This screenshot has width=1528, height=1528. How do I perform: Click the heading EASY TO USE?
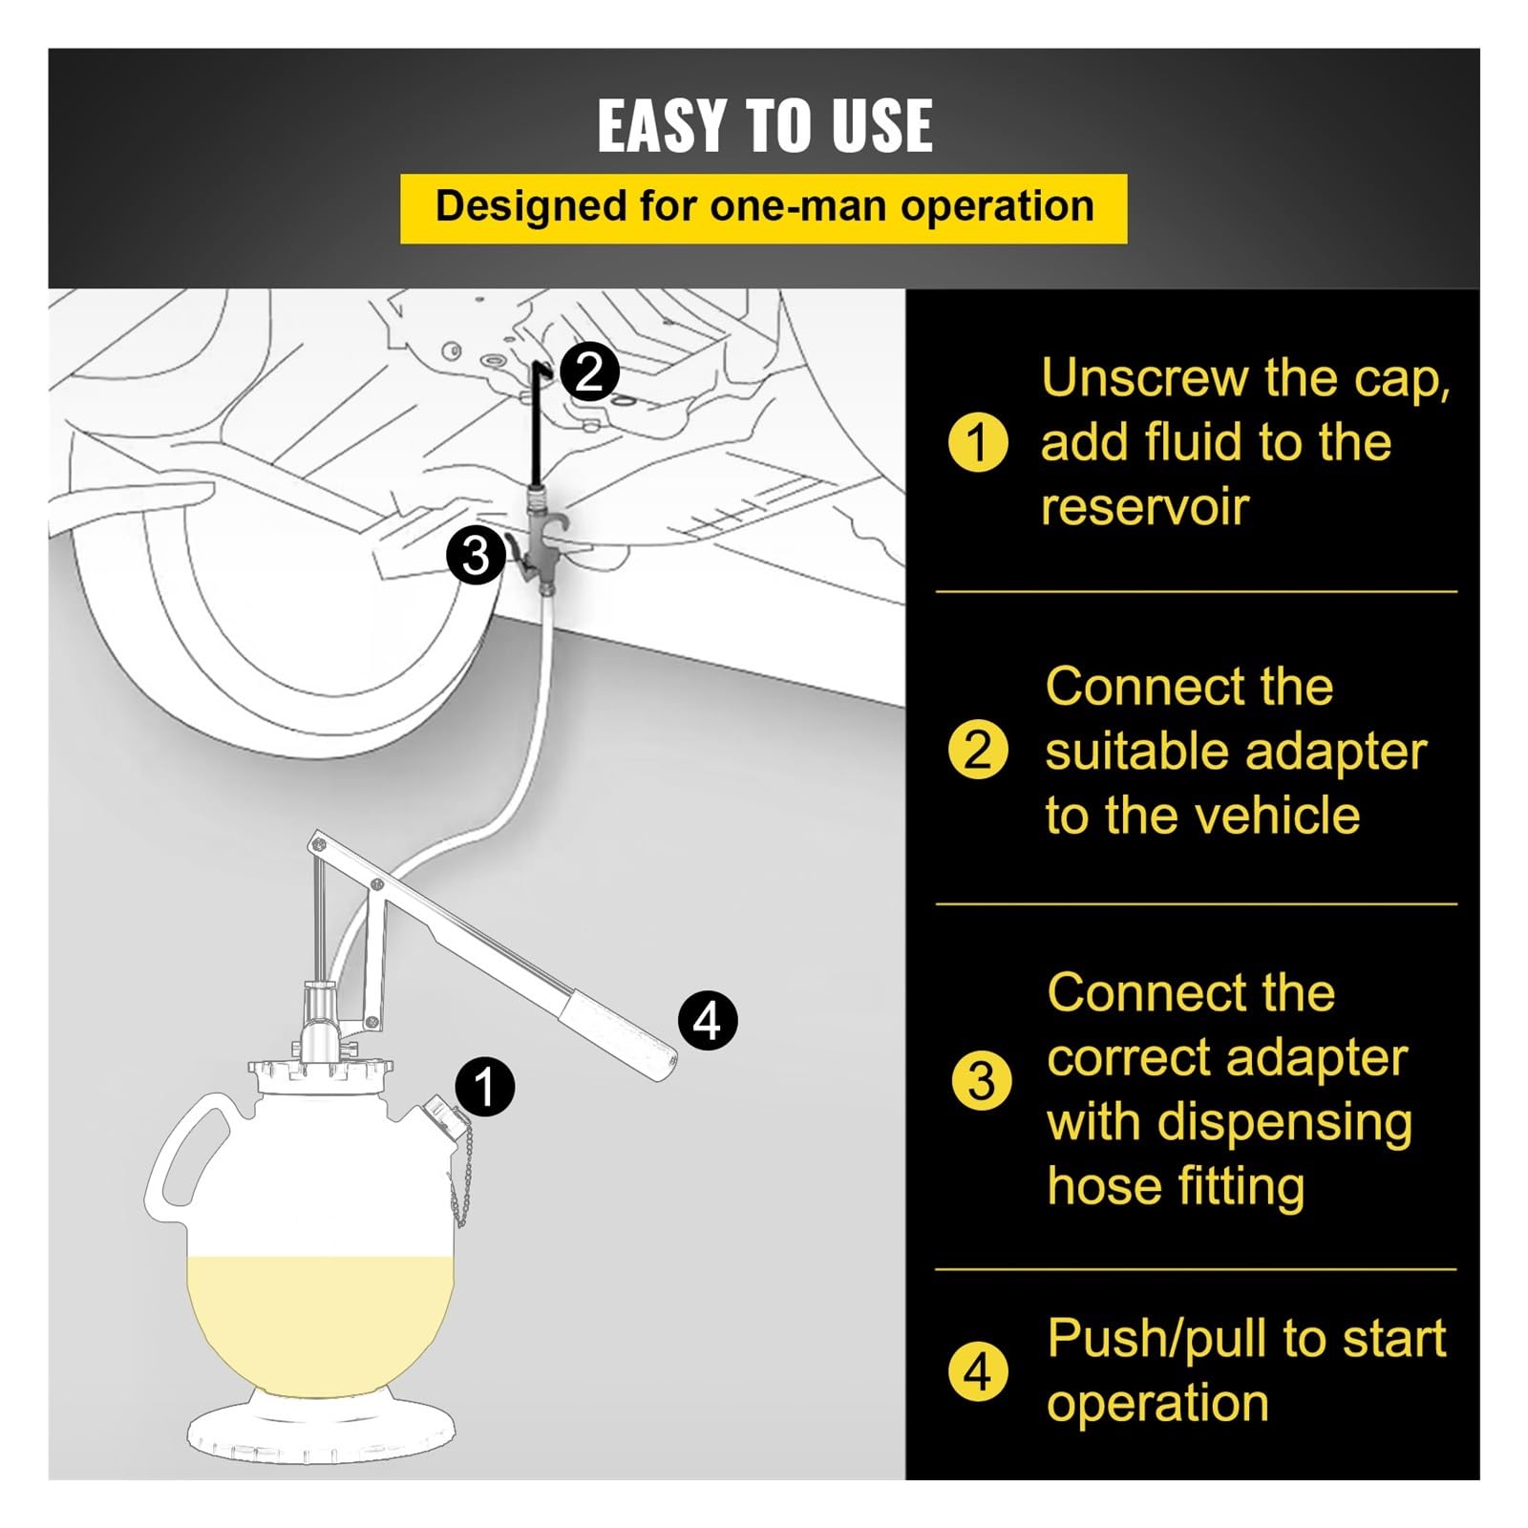[x=764, y=125]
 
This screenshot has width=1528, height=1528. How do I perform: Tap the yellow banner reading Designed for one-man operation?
[x=764, y=208]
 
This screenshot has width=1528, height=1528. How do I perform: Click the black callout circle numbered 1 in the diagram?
[x=485, y=1086]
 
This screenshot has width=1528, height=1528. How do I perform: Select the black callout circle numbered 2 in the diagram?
[x=589, y=371]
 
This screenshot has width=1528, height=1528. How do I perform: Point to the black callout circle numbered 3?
[x=476, y=555]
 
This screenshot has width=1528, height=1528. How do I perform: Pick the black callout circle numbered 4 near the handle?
[x=707, y=1020]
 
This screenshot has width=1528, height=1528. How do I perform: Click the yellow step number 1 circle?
[x=977, y=442]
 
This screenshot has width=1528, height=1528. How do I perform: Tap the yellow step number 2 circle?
[x=978, y=750]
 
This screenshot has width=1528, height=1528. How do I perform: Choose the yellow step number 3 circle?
[x=981, y=1081]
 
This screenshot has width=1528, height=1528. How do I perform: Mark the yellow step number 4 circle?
[x=978, y=1371]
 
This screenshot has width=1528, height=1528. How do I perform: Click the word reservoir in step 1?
[x=1144, y=507]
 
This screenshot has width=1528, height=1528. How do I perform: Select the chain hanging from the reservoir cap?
[x=459, y=1178]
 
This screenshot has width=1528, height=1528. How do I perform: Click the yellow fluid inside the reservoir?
[x=321, y=1323]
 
